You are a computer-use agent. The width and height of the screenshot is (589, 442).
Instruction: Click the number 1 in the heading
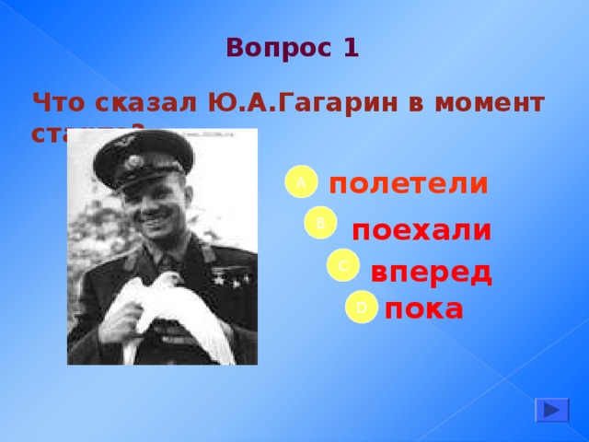(350, 47)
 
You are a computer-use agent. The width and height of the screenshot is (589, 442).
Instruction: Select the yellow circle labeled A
(300, 182)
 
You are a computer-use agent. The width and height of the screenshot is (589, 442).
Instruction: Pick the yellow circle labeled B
(321, 223)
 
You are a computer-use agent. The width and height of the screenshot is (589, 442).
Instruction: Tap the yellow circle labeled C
(342, 265)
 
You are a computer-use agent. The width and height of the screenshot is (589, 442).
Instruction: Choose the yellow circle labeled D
(362, 306)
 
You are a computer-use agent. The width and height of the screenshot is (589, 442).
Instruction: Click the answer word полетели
(408, 184)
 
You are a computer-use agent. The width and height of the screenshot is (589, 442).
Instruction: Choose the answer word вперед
(431, 273)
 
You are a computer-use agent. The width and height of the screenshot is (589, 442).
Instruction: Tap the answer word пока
(424, 308)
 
